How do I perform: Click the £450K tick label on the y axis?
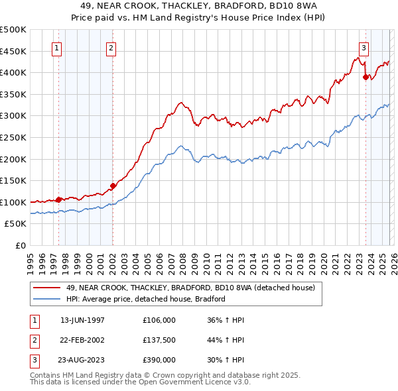pyautogui.click(x=13, y=51)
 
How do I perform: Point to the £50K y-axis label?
pyautogui.click(x=15, y=224)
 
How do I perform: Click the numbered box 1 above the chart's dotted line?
pyautogui.click(x=56, y=48)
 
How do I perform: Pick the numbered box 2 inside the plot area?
pyautogui.click(x=111, y=48)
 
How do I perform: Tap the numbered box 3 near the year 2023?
pyautogui.click(x=364, y=48)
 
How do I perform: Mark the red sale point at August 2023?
pyautogui.click(x=365, y=77)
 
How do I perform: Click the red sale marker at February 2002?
pyautogui.click(x=113, y=186)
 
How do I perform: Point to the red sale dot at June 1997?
pyautogui.click(x=58, y=199)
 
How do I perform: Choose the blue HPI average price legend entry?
pyautogui.click(x=146, y=299)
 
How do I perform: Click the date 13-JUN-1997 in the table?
pyautogui.click(x=82, y=320)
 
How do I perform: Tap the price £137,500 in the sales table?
pyautogui.click(x=159, y=340)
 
